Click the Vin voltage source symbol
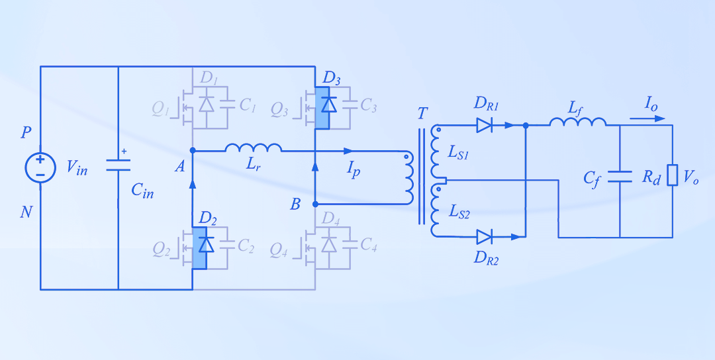click(40, 167)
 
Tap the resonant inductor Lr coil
click(254, 148)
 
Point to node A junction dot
click(193, 151)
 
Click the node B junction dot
click(315, 204)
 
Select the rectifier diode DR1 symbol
click(485, 125)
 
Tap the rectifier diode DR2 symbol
click(485, 236)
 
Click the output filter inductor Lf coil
click(578, 122)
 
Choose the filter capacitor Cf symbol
click(620, 176)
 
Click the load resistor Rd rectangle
click(673, 176)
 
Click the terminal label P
click(26, 133)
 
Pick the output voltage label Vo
click(691, 177)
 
